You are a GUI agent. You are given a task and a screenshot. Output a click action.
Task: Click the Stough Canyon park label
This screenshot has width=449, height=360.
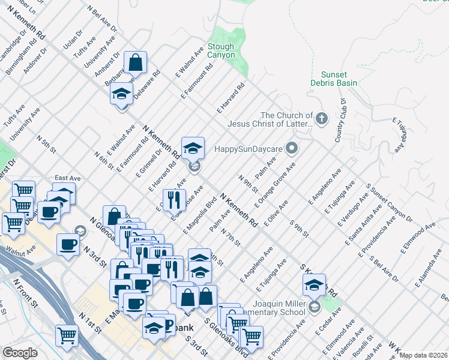[x=221, y=50]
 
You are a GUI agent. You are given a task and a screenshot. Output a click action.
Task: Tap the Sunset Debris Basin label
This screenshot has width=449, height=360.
[x=334, y=79]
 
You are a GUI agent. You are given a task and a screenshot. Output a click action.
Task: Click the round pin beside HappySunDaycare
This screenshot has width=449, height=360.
[x=292, y=147]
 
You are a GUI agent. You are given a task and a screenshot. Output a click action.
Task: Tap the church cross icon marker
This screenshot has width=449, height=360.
[x=322, y=118]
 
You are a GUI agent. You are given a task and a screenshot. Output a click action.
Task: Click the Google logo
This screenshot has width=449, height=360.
[x=19, y=353]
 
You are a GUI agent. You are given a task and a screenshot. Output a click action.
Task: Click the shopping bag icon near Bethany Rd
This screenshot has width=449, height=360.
[x=136, y=62]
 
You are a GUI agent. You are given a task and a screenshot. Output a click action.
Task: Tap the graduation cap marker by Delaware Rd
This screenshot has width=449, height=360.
[x=121, y=94]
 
